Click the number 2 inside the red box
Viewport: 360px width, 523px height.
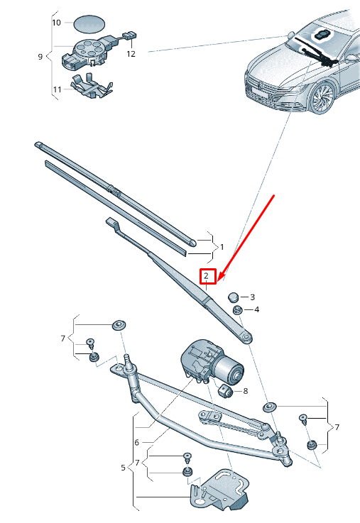(x=206, y=276)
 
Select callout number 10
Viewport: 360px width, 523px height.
(x=57, y=23)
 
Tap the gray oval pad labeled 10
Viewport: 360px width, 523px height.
(x=88, y=23)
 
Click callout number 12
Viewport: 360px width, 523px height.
(x=131, y=53)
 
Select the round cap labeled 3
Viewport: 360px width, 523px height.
(x=234, y=297)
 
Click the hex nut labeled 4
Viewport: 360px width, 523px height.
(x=238, y=309)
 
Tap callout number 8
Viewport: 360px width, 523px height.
(x=245, y=390)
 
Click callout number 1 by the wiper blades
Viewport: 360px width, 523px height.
(x=222, y=247)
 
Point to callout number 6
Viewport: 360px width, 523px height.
(x=136, y=442)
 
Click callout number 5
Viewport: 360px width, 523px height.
(x=122, y=468)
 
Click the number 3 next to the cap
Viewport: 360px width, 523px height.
(x=252, y=297)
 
